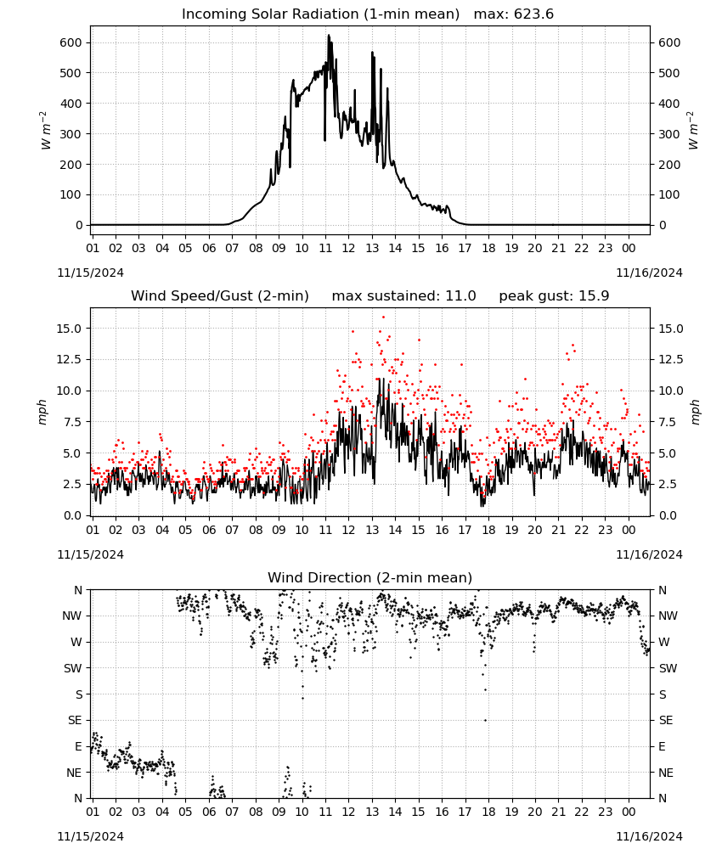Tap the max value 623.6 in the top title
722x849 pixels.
533,14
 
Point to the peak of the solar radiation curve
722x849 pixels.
328,36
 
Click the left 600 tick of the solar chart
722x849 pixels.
71,42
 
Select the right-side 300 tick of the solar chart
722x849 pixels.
669,134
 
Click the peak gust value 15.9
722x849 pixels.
593,296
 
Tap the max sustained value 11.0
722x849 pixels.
460,296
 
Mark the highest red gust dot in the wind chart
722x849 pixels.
383,318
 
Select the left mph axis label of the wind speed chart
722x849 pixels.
42,412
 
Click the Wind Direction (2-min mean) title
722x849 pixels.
370,577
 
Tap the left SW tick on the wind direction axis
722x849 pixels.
73,668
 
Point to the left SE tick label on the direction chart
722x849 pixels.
75,720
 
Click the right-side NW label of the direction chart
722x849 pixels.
668,616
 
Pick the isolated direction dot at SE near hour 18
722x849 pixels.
485,720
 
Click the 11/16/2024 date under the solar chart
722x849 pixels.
649,273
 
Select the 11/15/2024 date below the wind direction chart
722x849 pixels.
90,836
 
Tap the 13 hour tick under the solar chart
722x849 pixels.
372,248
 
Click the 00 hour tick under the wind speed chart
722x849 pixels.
629,530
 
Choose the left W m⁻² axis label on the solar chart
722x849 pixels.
46,130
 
